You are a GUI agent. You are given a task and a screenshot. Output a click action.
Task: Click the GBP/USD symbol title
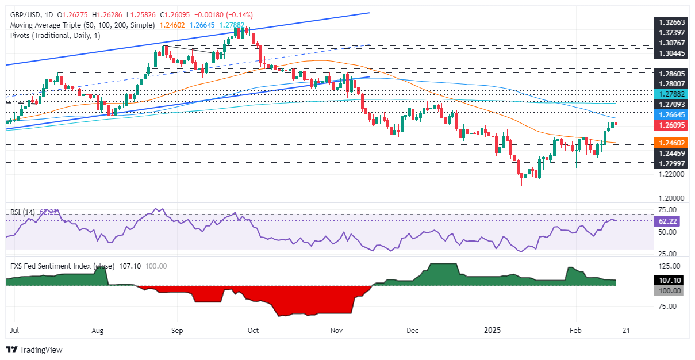click(x=26, y=14)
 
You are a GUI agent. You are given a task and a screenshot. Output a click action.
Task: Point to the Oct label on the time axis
click(x=252, y=331)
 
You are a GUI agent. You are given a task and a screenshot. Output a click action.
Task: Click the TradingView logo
click(x=34, y=349)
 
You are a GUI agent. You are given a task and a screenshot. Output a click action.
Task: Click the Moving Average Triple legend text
click(x=80, y=25)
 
